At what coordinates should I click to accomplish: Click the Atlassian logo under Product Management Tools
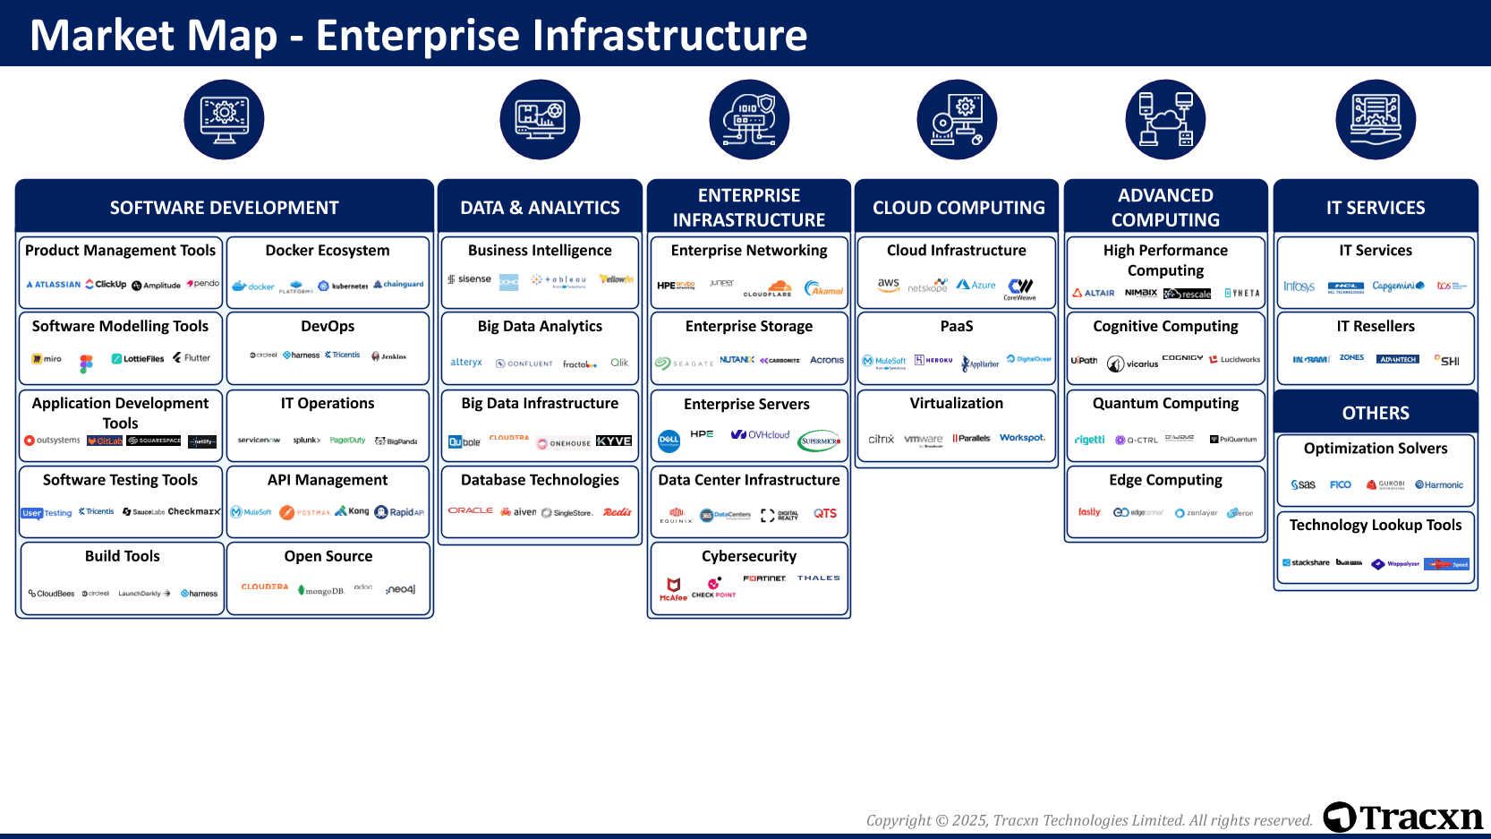click(54, 285)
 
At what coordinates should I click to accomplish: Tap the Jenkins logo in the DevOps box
click(388, 356)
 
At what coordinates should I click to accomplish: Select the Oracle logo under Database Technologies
click(471, 510)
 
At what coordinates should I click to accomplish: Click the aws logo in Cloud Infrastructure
click(888, 284)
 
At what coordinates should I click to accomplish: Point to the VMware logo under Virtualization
click(924, 440)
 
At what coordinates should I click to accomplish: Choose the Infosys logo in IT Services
click(1299, 287)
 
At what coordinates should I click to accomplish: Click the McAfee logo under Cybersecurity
click(673, 588)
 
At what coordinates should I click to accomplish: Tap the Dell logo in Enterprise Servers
click(669, 440)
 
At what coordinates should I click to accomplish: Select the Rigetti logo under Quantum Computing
click(1089, 440)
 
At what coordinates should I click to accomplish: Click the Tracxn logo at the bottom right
click(1402, 817)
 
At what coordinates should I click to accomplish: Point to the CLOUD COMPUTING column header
click(958, 208)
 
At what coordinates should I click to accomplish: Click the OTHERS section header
click(1375, 413)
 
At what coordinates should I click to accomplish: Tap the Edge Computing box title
click(1165, 480)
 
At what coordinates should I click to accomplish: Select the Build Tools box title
click(122, 556)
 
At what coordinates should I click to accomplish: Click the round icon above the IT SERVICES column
click(1375, 120)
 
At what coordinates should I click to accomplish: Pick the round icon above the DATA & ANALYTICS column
click(540, 120)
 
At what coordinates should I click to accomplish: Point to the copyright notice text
click(1088, 820)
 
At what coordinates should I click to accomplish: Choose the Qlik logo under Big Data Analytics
click(619, 363)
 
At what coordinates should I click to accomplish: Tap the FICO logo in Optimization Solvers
click(1340, 484)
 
